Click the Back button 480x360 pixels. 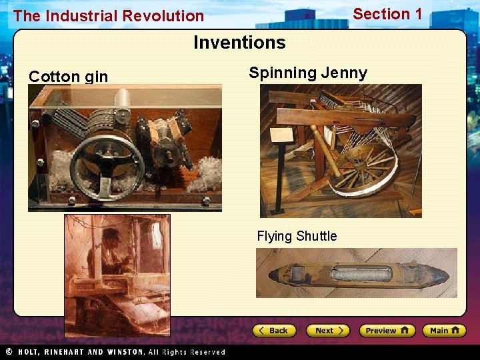273,331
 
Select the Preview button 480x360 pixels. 387,331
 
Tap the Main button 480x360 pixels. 446,331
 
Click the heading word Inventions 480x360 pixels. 239,43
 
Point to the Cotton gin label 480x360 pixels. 68,77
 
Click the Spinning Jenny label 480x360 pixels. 308,73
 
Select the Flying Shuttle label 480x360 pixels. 297,236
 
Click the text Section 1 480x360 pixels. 387,14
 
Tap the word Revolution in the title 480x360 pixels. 167,16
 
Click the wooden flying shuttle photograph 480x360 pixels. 356,273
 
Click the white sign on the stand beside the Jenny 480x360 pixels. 283,135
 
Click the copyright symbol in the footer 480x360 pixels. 9,351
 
